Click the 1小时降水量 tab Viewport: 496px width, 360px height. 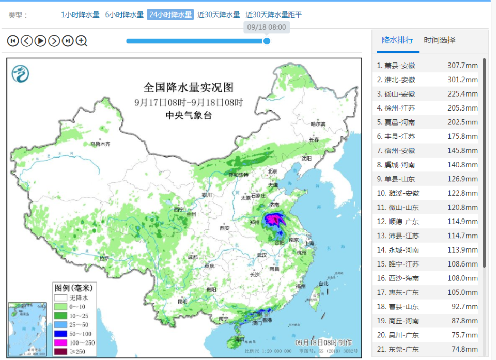pyautogui.click(x=80, y=14)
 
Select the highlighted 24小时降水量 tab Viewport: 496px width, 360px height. pyautogui.click(x=170, y=14)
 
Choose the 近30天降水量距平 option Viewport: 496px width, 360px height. pyautogui.click(x=273, y=14)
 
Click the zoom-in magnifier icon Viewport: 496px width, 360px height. pyautogui.click(x=82, y=41)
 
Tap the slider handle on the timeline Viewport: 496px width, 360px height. pyautogui.click(x=267, y=41)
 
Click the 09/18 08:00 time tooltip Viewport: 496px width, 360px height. pyautogui.click(x=266, y=27)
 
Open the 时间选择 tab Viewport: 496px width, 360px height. pyautogui.click(x=439, y=40)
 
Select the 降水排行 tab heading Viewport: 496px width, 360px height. pyautogui.click(x=397, y=40)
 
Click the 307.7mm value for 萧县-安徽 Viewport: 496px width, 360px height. pyautogui.click(x=462, y=66)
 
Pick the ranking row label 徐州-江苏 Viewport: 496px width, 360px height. pyautogui.click(x=399, y=108)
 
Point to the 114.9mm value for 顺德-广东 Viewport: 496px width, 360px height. pyautogui.click(x=462, y=222)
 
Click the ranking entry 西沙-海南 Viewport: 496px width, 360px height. pyautogui.click(x=399, y=278)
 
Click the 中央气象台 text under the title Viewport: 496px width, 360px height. pyautogui.click(x=189, y=116)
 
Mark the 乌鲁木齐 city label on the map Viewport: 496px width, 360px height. pyautogui.click(x=100, y=144)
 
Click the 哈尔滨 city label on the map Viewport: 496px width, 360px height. pyautogui.click(x=318, y=124)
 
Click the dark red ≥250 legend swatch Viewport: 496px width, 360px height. pyautogui.click(x=61, y=352)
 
